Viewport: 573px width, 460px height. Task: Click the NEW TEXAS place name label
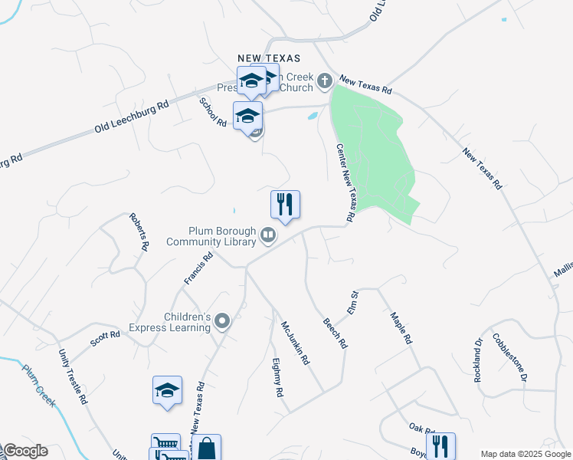[268, 58]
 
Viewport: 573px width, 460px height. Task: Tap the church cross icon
[325, 80]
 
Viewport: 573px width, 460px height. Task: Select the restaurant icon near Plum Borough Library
[285, 205]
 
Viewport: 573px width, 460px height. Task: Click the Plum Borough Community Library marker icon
[268, 235]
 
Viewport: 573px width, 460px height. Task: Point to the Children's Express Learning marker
[222, 321]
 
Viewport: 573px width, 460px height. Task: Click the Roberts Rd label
[139, 232]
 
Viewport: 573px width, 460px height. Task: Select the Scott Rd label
[105, 336]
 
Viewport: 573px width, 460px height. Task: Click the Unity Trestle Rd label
[74, 374]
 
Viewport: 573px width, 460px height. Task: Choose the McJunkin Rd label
[294, 343]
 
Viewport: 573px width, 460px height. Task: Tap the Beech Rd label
[335, 333]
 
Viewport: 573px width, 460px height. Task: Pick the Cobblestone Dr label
[511, 356]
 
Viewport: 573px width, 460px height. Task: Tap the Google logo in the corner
[25, 451]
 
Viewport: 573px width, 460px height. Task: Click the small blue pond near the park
[312, 117]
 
